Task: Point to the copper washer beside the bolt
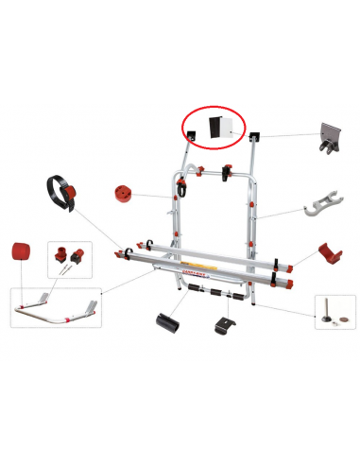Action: click(x=343, y=319)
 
